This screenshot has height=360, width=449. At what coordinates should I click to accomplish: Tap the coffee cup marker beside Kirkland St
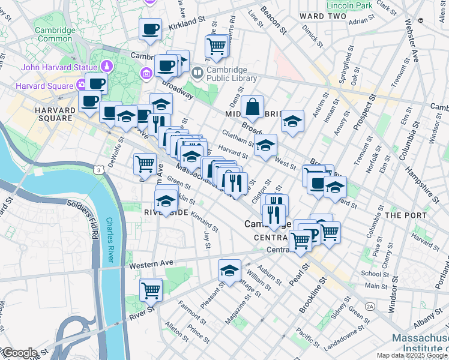(x=150, y=29)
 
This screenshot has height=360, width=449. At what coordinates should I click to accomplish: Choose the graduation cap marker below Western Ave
(x=229, y=271)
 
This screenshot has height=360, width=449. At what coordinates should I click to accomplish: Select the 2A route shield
(x=370, y=306)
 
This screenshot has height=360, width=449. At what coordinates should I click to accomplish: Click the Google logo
(x=19, y=353)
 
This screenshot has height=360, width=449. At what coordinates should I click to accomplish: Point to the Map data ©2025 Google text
(x=412, y=355)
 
